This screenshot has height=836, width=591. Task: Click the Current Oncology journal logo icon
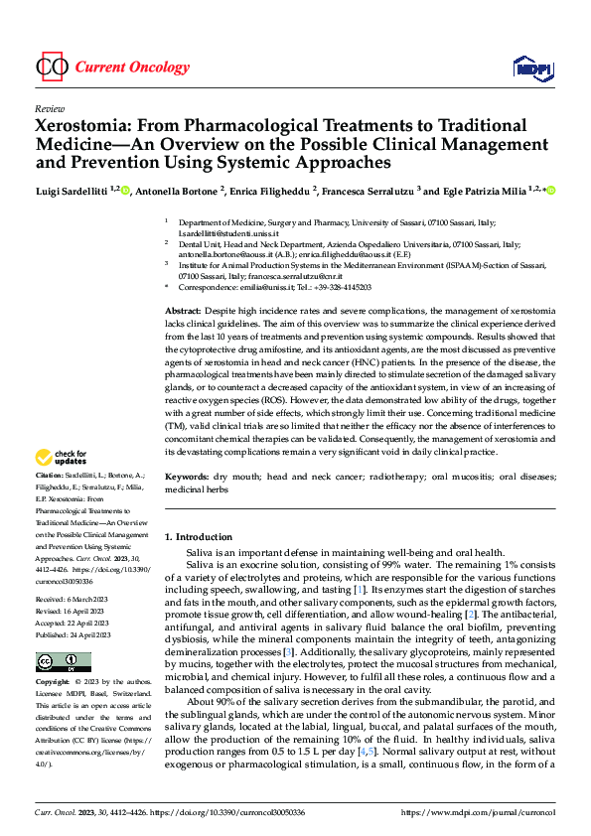[51, 68]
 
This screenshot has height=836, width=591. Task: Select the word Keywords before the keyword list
[187, 477]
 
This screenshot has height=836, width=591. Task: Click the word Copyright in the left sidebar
[53, 683]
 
